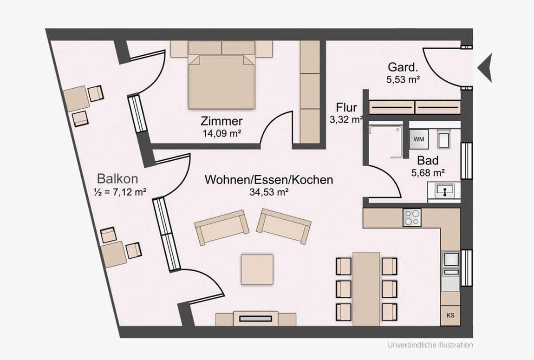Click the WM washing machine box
tap(418, 139)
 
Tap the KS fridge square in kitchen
tap(450, 315)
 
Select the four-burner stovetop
tap(412, 217)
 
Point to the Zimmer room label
tap(221, 121)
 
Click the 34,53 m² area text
tap(269, 192)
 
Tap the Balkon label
tap(117, 179)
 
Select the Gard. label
tap(403, 67)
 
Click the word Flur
tap(346, 108)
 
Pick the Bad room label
tap(428, 160)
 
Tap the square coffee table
tap(257, 269)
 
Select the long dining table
tap(366, 289)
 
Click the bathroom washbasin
tap(444, 190)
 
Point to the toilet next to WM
tap(444, 139)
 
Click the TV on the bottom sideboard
tap(255, 319)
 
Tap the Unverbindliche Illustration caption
tap(430, 345)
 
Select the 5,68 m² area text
tap(428, 173)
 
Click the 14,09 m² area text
tap(221, 133)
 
